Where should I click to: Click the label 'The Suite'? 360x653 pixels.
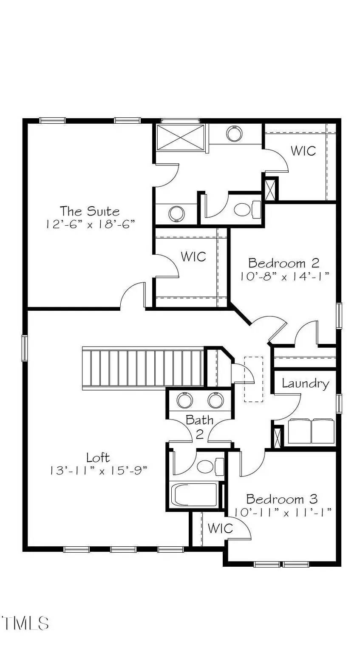click(90, 211)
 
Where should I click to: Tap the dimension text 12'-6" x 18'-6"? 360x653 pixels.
click(91, 224)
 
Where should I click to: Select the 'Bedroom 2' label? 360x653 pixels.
click(283, 263)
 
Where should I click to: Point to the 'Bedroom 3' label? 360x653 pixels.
click(282, 500)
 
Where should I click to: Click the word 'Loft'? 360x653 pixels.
click(98, 457)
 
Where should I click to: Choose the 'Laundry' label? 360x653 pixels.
click(306, 383)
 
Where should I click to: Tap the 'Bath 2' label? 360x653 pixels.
click(200, 427)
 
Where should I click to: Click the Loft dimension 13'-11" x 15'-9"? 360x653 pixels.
click(99, 471)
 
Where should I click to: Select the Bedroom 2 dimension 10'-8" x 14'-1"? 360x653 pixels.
click(285, 276)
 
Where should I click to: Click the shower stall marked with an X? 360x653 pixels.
click(181, 137)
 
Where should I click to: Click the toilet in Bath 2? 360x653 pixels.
click(210, 466)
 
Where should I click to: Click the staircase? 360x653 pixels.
click(143, 368)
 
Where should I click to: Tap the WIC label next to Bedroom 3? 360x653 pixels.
click(220, 528)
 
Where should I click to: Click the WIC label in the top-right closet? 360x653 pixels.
click(303, 151)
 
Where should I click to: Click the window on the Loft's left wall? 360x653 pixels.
click(25, 348)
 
